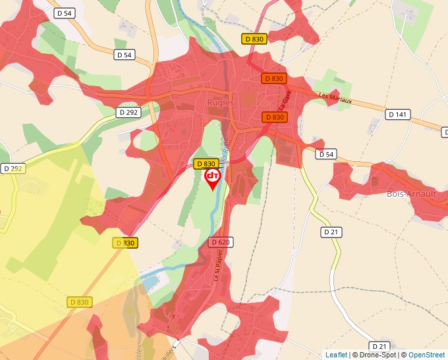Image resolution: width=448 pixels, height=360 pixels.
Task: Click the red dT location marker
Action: point(213,178)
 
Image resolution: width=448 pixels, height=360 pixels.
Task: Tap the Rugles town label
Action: point(221,103)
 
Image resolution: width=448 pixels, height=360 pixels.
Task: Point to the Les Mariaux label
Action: point(335,98)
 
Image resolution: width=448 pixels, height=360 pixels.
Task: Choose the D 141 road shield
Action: point(398,115)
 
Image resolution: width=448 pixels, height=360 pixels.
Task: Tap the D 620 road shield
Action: point(221,242)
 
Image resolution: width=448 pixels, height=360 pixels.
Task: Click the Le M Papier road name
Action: point(217,270)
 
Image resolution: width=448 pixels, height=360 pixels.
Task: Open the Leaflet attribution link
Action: point(337,355)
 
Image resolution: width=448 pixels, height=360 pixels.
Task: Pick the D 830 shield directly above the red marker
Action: point(206,164)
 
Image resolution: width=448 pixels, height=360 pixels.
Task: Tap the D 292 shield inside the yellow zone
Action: point(12,168)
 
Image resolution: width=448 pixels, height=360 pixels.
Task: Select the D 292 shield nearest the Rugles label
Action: point(130,113)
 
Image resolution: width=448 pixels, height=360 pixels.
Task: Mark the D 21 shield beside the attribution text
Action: point(379,346)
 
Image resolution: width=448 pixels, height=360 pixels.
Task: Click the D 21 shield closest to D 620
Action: point(331,232)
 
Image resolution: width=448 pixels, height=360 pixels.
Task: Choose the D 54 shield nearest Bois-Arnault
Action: point(325,155)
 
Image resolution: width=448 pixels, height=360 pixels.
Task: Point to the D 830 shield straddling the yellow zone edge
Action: point(125,243)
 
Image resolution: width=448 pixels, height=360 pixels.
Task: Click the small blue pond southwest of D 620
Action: point(148,281)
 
